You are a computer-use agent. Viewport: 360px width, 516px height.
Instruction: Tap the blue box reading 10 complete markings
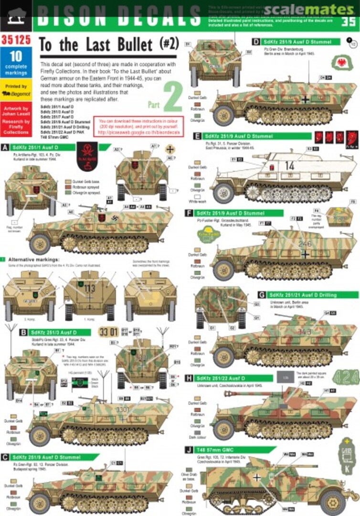(x=16, y=63)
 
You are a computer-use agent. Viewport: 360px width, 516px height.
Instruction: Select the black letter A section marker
(x=6, y=147)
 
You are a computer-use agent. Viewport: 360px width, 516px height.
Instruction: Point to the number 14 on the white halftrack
(x=290, y=166)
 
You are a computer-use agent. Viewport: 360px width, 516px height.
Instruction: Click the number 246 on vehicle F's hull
(x=304, y=244)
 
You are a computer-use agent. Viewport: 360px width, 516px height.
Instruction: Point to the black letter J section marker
(x=191, y=450)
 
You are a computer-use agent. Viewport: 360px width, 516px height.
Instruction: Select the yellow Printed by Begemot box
(x=16, y=89)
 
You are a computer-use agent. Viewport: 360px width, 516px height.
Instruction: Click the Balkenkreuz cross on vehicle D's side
(x=306, y=99)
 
